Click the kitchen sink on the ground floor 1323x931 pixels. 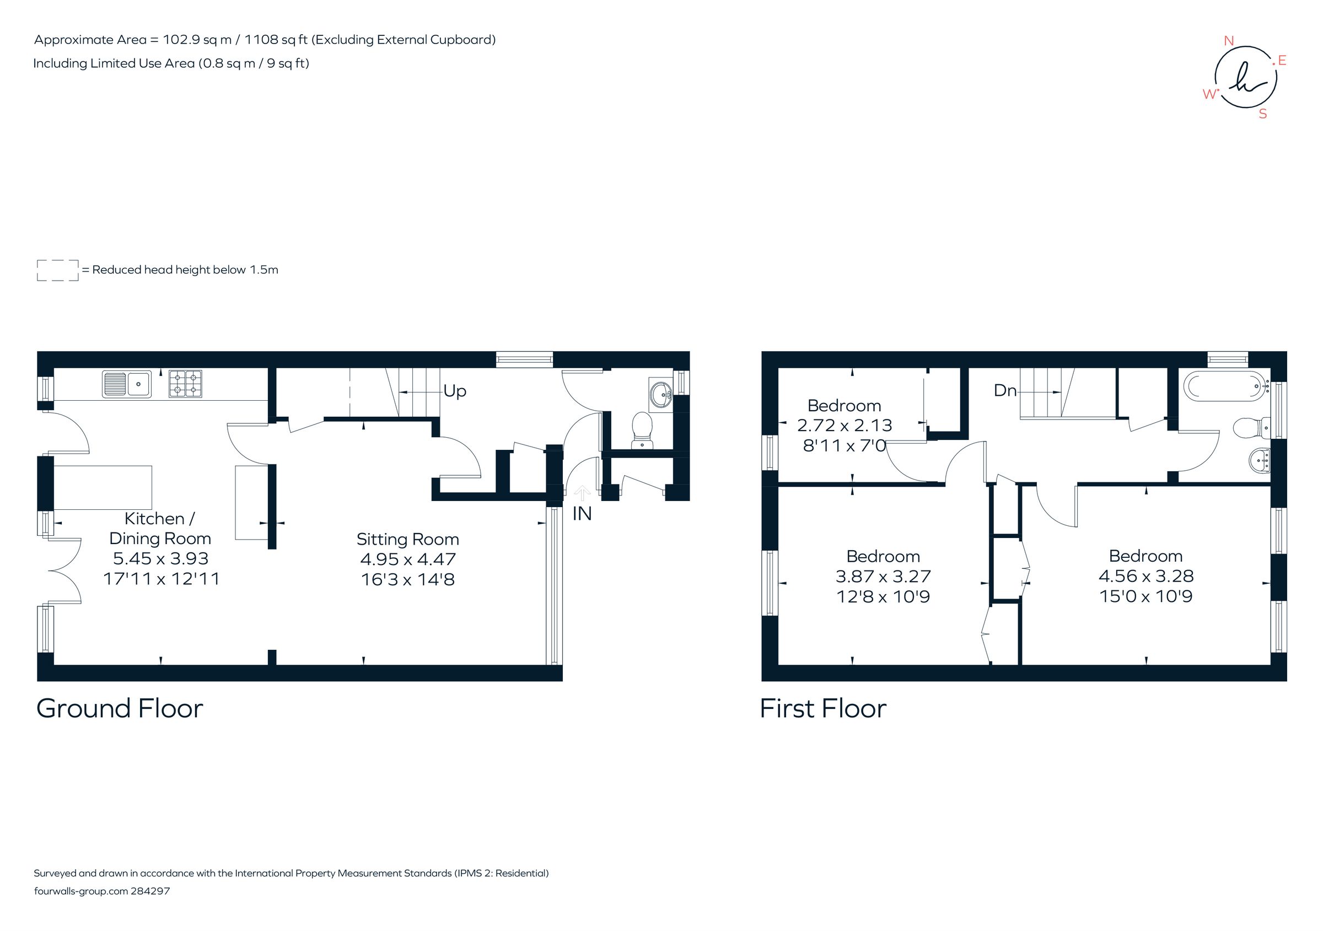127,384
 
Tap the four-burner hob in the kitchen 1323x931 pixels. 185,384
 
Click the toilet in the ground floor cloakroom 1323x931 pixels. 641,429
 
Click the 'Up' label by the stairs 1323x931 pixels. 454,391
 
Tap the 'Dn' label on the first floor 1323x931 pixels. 1005,391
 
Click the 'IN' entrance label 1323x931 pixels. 582,514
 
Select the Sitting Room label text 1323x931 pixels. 407,539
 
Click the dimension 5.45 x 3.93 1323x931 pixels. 160,558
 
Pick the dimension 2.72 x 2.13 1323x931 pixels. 844,425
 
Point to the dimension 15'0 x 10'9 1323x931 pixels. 1145,596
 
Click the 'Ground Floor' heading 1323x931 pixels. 120,709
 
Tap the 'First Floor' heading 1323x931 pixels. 823,709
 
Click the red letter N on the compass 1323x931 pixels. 1229,41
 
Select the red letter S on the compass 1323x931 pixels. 1262,114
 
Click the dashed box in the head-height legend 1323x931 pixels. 58,270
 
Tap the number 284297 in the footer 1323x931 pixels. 150,891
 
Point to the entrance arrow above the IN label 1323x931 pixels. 582,493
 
